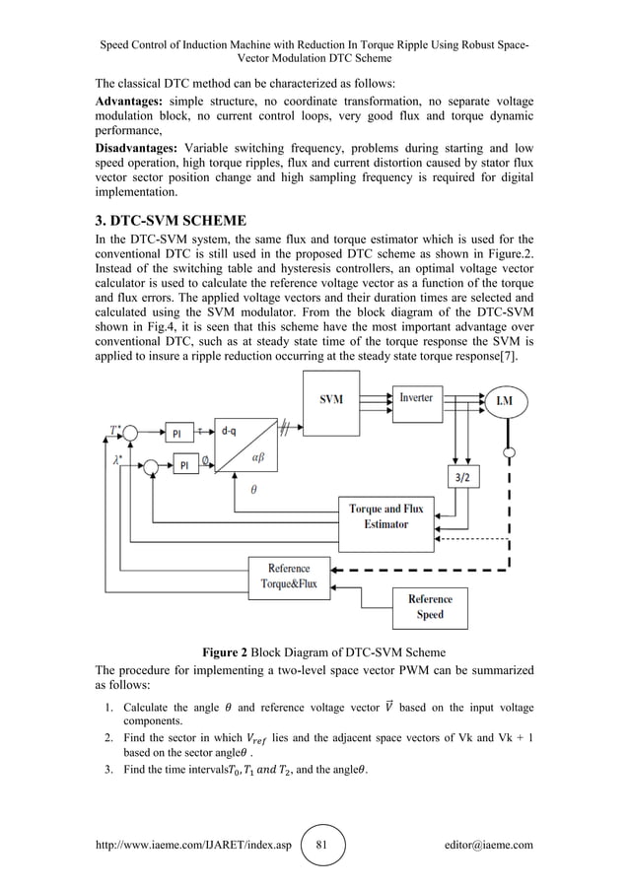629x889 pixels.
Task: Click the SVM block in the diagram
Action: coord(332,400)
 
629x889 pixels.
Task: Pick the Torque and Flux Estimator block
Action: coord(385,516)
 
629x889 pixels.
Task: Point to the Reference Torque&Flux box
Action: coord(288,576)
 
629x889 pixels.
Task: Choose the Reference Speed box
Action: coord(430,605)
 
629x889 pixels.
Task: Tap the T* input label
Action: coord(115,430)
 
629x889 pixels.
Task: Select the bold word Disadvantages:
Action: coord(137,148)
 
